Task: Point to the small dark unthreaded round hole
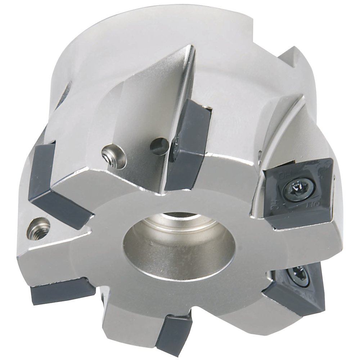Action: [x=159, y=145]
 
